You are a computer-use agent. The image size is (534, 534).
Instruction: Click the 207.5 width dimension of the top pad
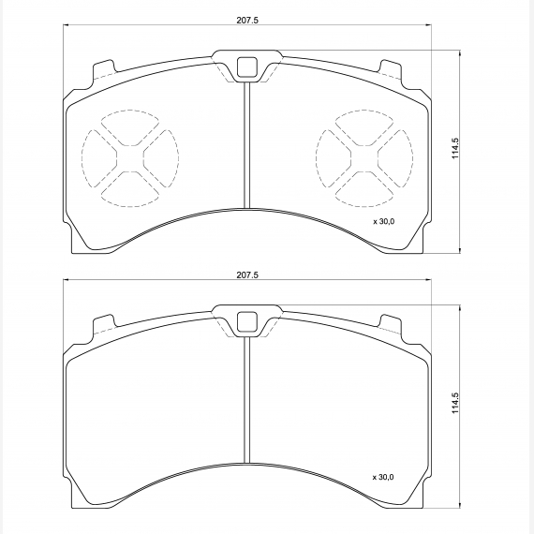(247, 20)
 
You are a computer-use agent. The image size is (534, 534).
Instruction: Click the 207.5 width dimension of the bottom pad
(247, 274)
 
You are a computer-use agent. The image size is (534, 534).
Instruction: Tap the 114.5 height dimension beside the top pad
(455, 148)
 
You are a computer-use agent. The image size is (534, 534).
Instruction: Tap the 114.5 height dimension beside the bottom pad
(455, 403)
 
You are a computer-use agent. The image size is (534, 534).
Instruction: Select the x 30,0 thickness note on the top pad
(384, 222)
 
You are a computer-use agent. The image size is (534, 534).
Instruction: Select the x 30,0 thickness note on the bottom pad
(383, 477)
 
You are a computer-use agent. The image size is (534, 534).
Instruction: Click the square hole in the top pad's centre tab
(247, 67)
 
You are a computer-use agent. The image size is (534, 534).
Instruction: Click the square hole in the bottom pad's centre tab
(247, 322)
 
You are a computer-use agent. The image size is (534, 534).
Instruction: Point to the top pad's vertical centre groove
(247, 145)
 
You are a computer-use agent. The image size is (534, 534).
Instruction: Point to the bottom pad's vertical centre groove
(247, 400)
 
